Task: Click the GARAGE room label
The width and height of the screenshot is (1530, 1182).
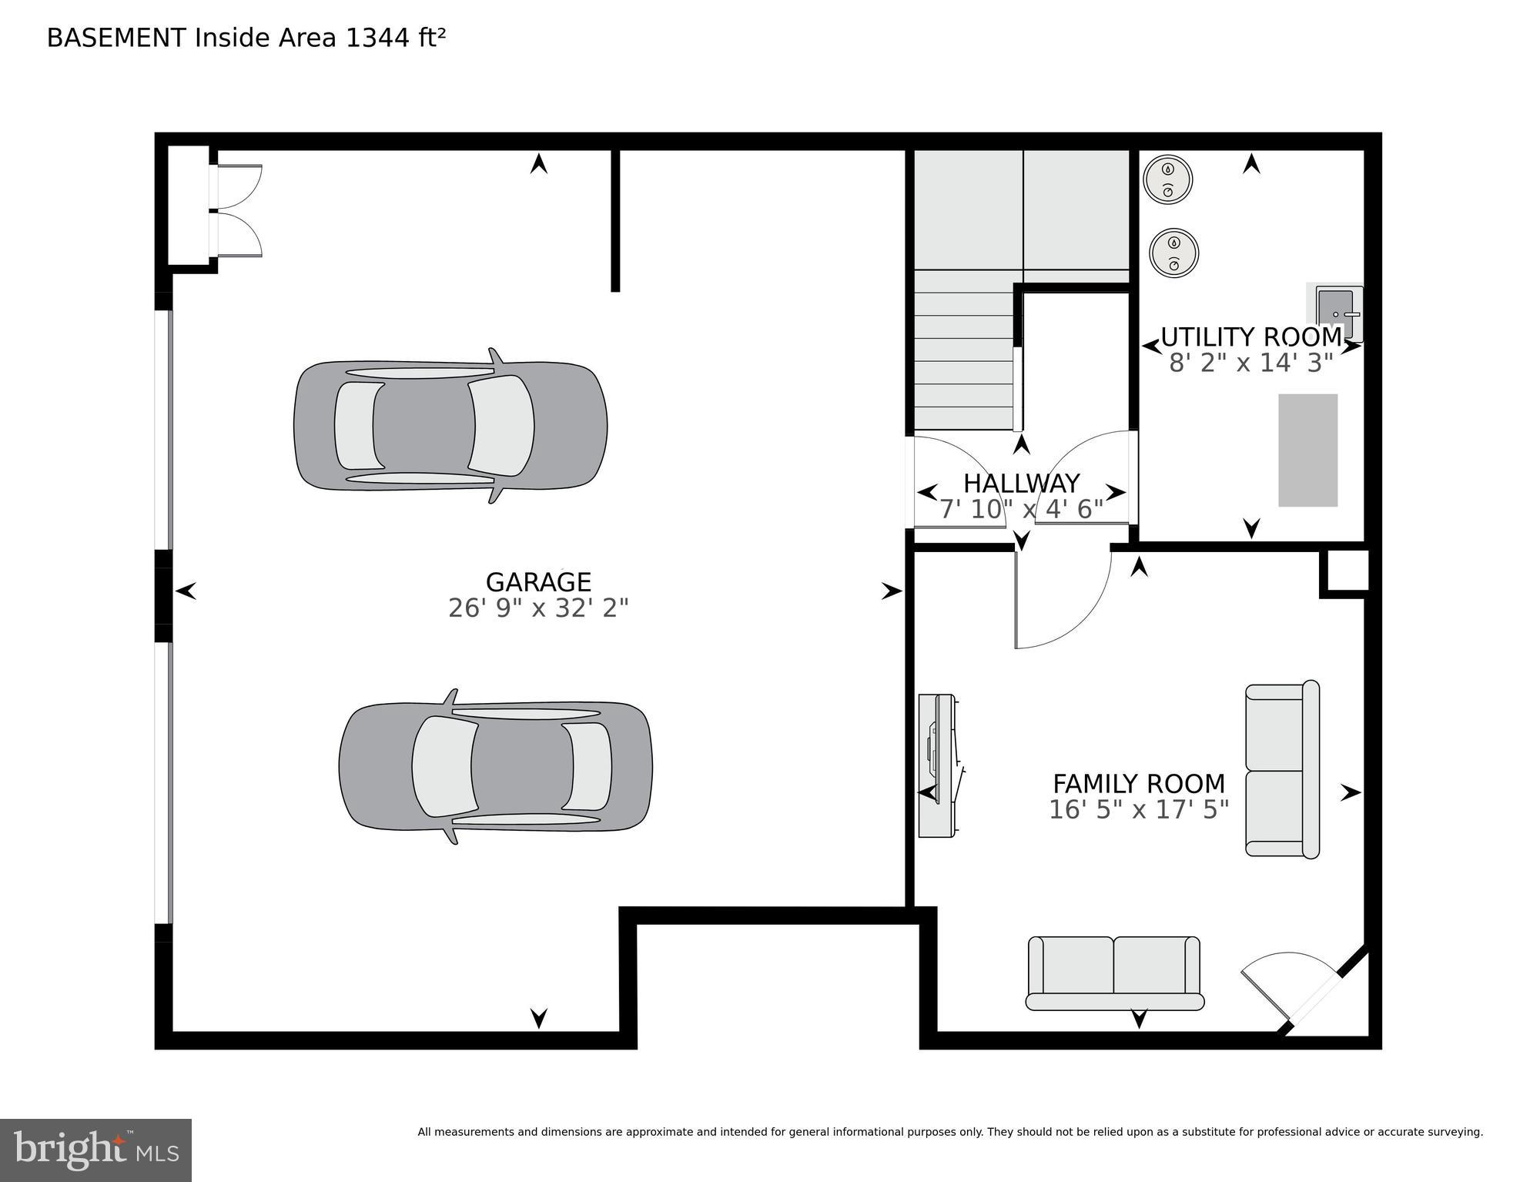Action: point(537,581)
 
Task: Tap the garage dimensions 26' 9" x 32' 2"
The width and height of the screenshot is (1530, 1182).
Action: point(537,608)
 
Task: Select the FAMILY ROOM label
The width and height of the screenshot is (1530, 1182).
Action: point(1138,784)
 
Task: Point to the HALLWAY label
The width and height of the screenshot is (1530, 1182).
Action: point(1021,484)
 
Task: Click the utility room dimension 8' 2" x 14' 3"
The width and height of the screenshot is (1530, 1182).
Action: point(1250,363)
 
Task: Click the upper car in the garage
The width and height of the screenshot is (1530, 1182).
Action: point(450,426)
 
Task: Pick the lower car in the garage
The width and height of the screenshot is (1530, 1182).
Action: point(495,766)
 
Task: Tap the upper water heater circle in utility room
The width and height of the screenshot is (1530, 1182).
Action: point(1167,179)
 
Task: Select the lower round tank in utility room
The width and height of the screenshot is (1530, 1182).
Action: point(1173,253)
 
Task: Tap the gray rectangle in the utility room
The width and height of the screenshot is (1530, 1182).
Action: point(1307,450)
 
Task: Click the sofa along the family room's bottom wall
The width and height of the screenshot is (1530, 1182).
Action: point(1114,973)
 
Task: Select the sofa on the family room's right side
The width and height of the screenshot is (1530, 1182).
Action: point(1281,769)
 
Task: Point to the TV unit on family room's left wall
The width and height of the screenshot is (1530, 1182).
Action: point(937,765)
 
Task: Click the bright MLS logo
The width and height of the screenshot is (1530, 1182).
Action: point(95,1150)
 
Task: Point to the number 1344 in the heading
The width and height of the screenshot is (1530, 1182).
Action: point(378,38)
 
